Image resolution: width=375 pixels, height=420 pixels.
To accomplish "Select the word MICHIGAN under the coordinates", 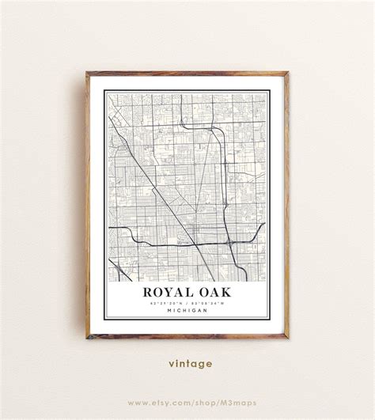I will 187,311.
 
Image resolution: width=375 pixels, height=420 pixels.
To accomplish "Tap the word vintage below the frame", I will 190,364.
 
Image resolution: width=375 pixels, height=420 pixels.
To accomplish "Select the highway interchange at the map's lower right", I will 230,241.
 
